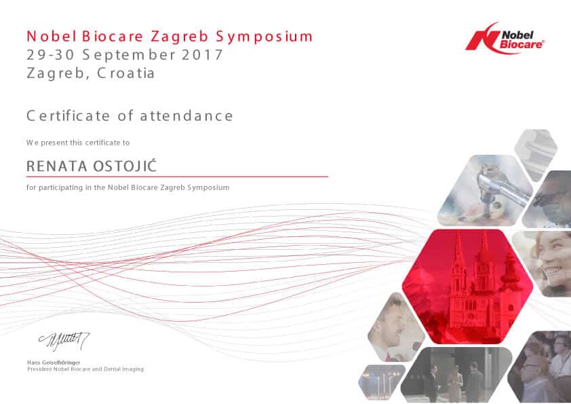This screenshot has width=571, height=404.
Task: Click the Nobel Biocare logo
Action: tap(505, 38)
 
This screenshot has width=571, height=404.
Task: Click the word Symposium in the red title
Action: tap(264, 37)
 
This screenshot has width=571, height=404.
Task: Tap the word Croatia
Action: tap(126, 73)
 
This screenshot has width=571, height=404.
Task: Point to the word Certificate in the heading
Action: tap(68, 116)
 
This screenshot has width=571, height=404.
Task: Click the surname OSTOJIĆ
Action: tap(125, 166)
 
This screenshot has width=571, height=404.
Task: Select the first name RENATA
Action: tap(57, 166)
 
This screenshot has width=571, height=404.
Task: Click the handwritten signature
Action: tap(64, 341)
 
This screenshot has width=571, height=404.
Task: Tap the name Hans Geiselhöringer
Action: tap(54, 363)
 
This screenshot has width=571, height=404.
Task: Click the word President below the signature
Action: tap(40, 369)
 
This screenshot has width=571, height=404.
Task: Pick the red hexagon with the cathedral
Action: tap(467, 287)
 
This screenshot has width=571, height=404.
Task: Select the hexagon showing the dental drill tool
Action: tap(485, 190)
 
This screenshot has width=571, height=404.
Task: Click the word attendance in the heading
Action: tap(186, 116)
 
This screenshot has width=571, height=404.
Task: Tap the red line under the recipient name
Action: tap(178, 177)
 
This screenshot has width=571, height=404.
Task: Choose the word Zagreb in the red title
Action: tap(179, 37)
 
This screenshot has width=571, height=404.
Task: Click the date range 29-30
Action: tap(51, 55)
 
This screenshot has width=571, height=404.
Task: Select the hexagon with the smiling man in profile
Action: tap(396, 327)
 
